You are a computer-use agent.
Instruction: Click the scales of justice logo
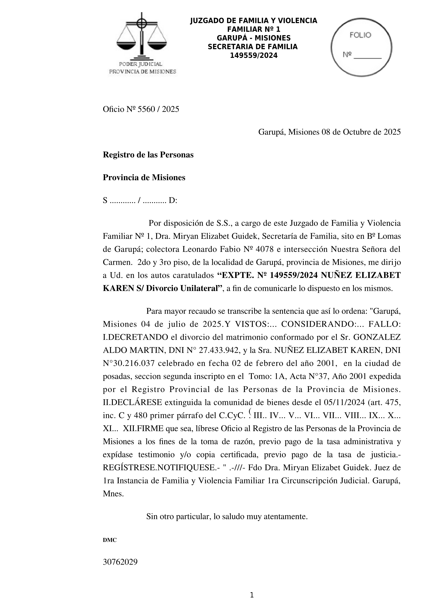pos(142,37)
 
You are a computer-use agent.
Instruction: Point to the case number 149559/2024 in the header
pos(254,55)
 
